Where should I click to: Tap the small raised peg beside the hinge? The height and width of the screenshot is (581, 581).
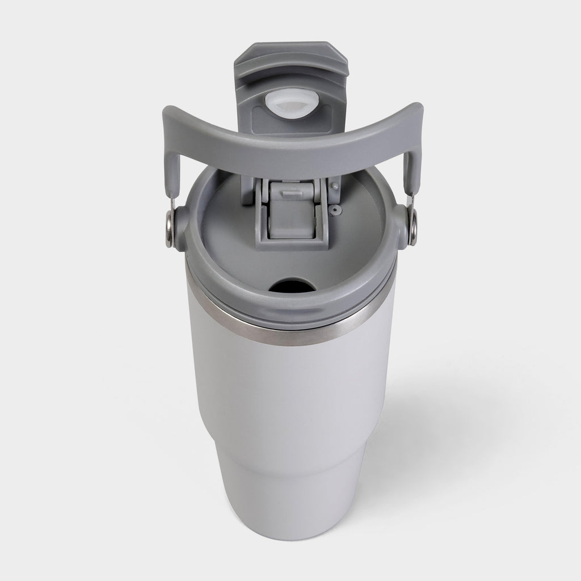(x=336, y=186)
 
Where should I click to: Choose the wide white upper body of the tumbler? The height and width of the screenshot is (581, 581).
(x=284, y=397)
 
